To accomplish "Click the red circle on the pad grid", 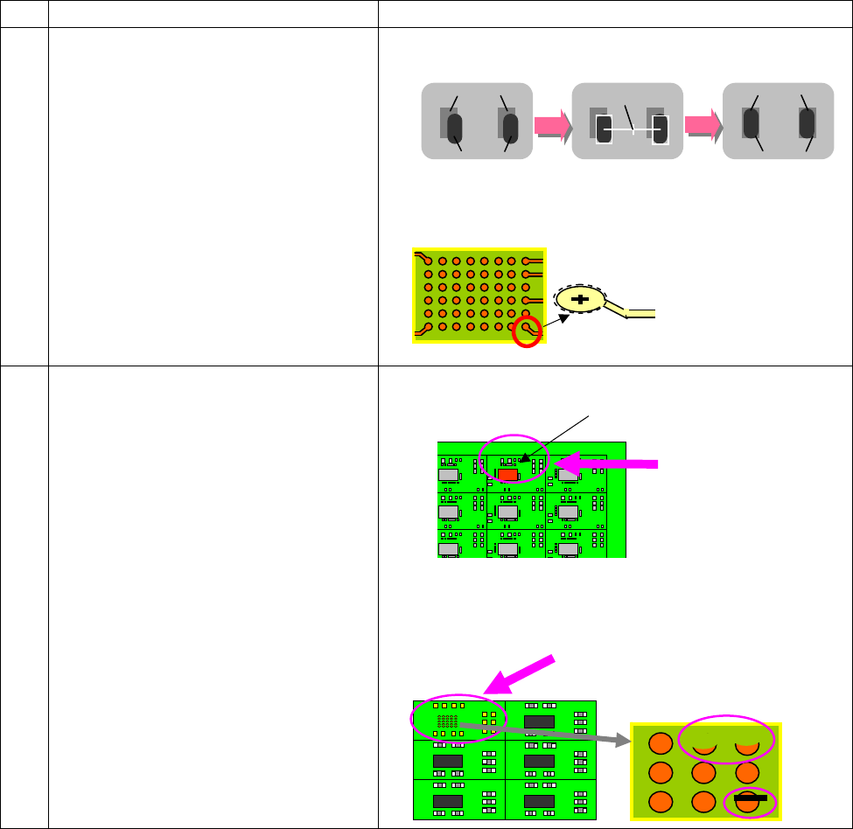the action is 526,331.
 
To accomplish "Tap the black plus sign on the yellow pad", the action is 580,300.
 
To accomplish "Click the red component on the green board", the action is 507,474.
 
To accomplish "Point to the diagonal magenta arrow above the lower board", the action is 521,674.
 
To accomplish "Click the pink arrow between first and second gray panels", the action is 551,128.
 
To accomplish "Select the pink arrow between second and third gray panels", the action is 703,127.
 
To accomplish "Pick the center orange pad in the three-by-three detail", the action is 705,772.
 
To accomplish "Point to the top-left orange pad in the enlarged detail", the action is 661,743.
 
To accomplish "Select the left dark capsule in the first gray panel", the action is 455,129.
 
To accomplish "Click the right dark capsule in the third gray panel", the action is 808,123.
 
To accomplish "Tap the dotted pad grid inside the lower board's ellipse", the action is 447,720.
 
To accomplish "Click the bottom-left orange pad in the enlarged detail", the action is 661,802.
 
